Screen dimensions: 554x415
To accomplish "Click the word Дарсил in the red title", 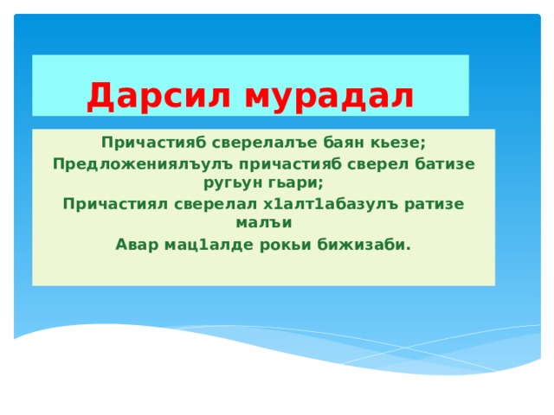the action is (158, 97).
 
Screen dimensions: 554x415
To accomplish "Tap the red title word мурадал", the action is (329, 97).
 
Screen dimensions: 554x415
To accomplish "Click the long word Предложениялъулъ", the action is (143, 164).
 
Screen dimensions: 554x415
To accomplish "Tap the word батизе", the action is (445, 164).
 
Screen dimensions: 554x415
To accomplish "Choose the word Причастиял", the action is (115, 204).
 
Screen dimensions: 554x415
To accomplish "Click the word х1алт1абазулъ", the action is (331, 204).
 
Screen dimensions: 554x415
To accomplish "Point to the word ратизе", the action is (435, 204).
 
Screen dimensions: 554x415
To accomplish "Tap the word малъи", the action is (264, 223).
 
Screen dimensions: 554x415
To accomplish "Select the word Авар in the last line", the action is (137, 245).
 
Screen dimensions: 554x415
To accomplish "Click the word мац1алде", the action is (209, 245).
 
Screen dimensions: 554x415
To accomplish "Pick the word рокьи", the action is (285, 245).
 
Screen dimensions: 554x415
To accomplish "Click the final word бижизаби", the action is (364, 245).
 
